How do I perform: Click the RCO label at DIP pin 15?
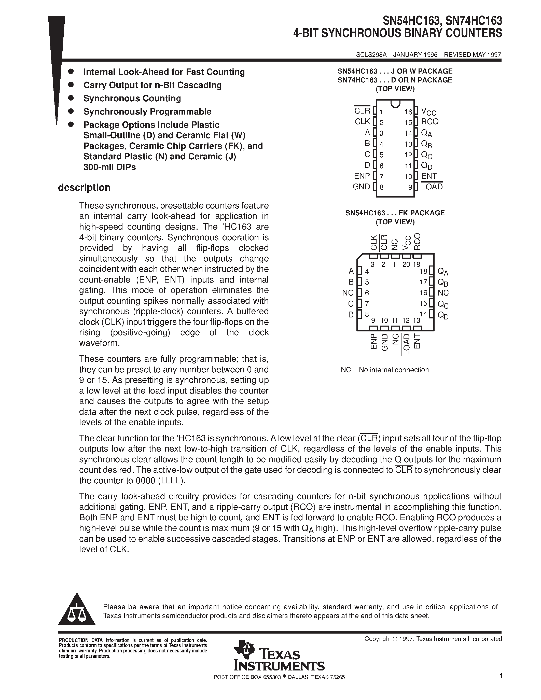(429, 121)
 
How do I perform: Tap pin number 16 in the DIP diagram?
(408, 112)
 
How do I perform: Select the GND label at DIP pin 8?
(361, 187)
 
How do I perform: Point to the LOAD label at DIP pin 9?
(432, 187)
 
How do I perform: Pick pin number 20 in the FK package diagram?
(406, 264)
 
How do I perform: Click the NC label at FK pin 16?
(443, 293)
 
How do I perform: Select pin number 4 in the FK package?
(367, 272)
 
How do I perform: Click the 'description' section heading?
(84, 188)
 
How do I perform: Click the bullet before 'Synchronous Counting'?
(72, 98)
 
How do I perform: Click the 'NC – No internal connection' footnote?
(385, 370)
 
